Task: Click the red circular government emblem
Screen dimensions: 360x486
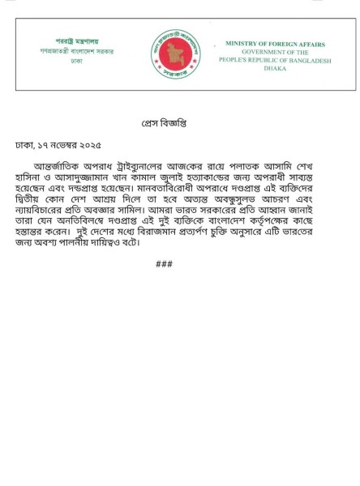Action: tap(176, 53)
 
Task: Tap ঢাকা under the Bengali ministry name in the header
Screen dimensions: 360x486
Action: tap(76, 61)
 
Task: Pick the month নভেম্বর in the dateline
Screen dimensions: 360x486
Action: tap(58, 145)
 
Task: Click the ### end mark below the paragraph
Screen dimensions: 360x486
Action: tap(164, 264)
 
